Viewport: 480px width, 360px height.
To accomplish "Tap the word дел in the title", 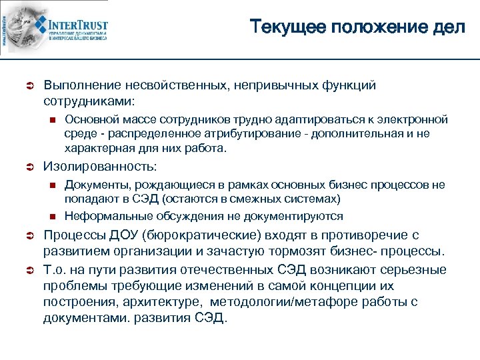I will pos(450,28).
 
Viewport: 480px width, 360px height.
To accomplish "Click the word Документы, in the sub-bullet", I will pos(93,184).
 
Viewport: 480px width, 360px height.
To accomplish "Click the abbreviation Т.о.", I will pos(55,269).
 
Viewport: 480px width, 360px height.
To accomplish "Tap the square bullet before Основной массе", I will pos(52,121).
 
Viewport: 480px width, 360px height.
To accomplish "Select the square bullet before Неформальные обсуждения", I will pos(52,217).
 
